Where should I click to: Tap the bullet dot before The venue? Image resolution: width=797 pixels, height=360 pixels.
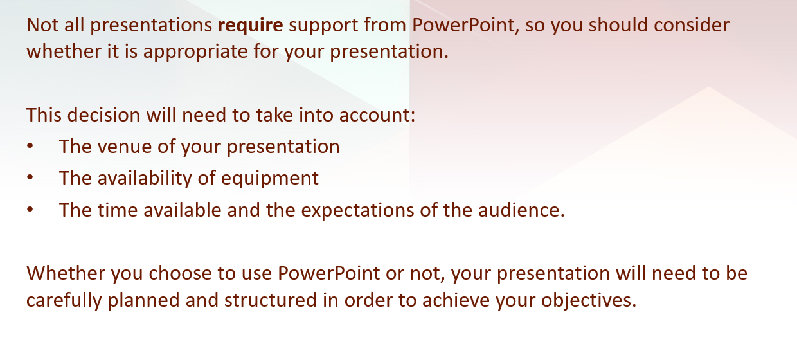click(30, 146)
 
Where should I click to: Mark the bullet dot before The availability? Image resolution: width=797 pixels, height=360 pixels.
click(30, 177)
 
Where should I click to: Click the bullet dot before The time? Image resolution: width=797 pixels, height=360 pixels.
click(30, 209)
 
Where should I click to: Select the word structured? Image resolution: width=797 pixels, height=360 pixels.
click(271, 300)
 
